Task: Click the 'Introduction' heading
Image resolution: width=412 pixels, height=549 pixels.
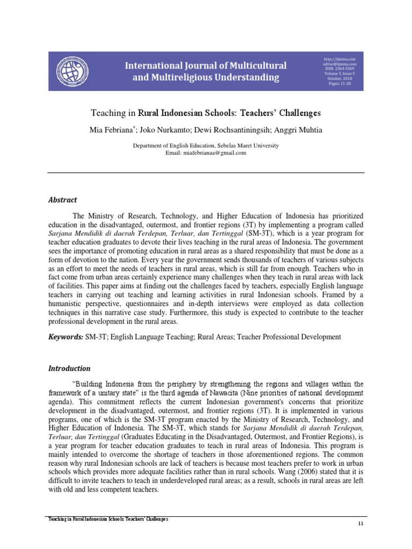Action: coord(69,369)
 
